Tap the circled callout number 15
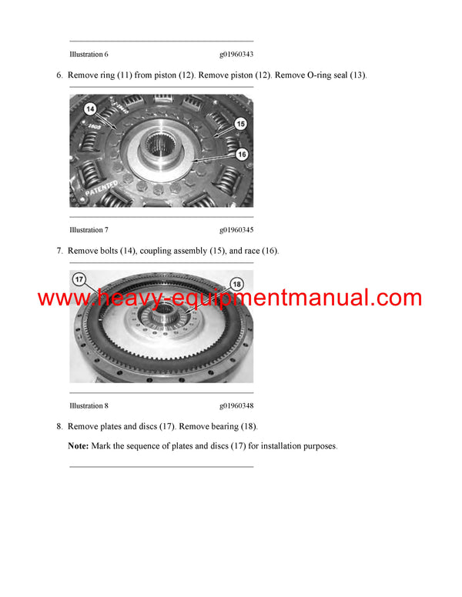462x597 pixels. click(240, 123)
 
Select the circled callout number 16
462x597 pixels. click(241, 154)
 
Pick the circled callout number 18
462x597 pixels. click(236, 284)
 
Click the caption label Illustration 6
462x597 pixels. click(89, 55)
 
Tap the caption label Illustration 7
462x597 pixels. click(89, 230)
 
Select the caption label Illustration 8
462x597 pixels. click(89, 405)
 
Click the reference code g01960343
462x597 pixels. click(236, 55)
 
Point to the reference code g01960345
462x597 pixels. click(236, 230)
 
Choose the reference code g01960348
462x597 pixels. click(236, 405)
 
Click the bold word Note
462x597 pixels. click(78, 446)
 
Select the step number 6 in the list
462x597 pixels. click(59, 75)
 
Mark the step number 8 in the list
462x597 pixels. click(59, 426)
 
